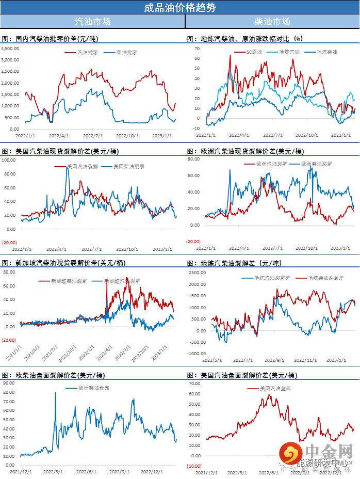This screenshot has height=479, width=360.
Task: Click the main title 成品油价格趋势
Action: tap(180, 7)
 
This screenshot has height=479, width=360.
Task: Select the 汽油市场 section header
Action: tap(92, 22)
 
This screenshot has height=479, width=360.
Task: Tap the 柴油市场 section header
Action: tap(272, 22)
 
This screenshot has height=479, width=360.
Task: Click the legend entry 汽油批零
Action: tap(87, 52)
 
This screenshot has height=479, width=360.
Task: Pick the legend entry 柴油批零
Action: tap(126, 52)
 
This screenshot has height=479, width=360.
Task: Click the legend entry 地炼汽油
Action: tap(289, 52)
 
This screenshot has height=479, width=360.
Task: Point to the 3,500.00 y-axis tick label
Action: tap(10, 49)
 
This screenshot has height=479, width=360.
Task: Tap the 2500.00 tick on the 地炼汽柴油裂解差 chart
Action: tap(194, 272)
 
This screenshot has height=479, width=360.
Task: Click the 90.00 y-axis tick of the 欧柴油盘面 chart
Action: tap(10, 383)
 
